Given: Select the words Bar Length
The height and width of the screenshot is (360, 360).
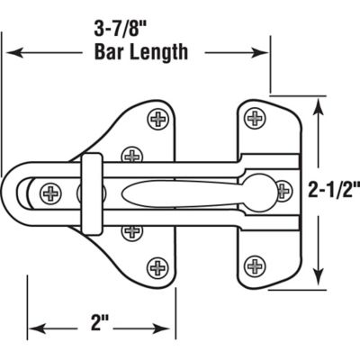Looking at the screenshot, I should pyautogui.click(x=142, y=51).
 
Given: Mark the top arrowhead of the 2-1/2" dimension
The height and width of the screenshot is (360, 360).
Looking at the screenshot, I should pyautogui.click(x=318, y=104).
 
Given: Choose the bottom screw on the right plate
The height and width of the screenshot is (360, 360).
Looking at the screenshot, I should pyautogui.click(x=256, y=265).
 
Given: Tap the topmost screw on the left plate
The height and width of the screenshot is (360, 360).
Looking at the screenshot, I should pyautogui.click(x=158, y=117).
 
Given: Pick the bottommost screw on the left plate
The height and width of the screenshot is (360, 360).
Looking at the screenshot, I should pyautogui.click(x=158, y=266).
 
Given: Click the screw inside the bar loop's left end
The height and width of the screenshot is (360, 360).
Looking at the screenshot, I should pyautogui.click(x=49, y=192).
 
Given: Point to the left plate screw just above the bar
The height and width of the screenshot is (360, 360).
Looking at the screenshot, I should pyautogui.click(x=133, y=155).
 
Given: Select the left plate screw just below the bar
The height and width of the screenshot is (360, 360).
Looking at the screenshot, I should pyautogui.click(x=133, y=230).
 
